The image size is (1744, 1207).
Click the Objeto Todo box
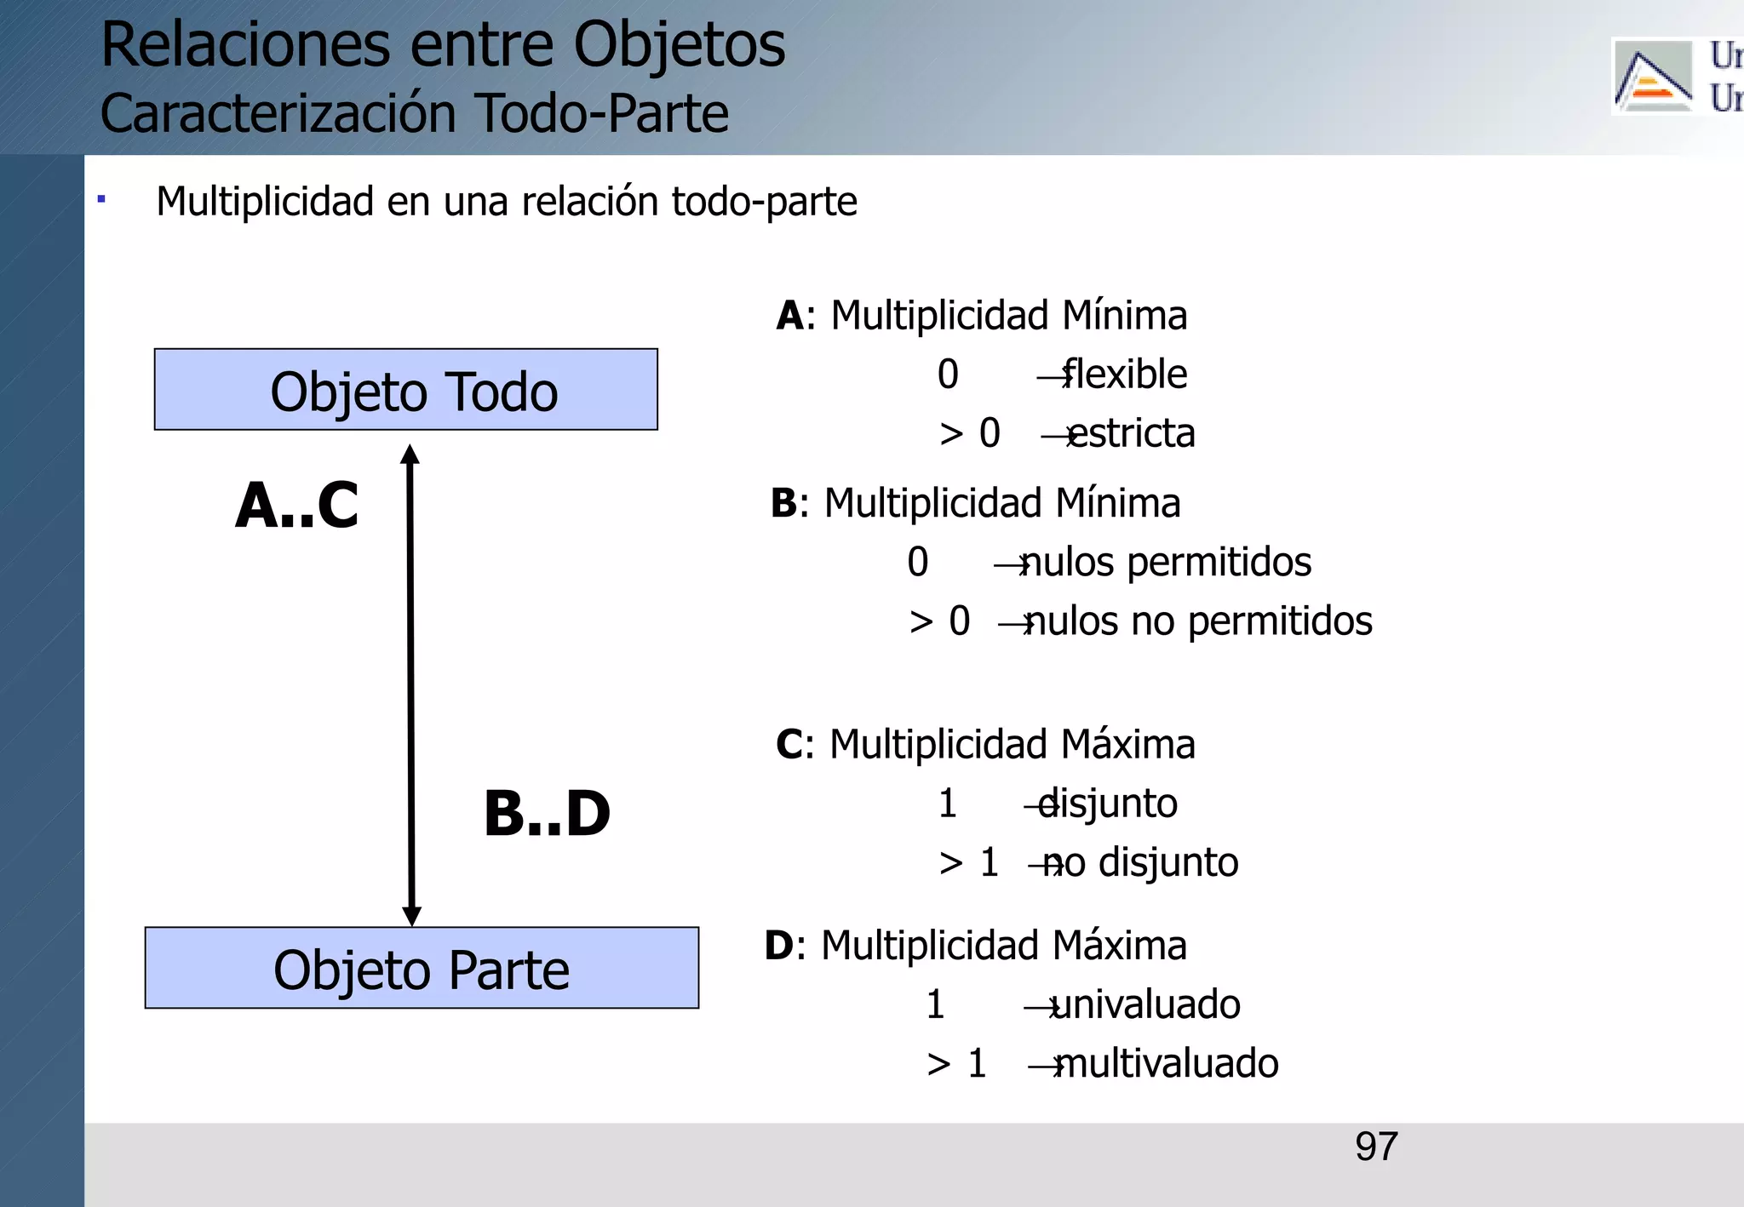click(x=405, y=390)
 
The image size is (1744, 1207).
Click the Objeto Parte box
click(x=422, y=968)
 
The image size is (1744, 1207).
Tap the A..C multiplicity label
click(x=296, y=506)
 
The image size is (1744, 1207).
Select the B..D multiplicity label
click(x=547, y=814)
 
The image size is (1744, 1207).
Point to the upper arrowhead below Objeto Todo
click(x=410, y=455)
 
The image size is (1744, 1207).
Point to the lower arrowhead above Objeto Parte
click(x=412, y=916)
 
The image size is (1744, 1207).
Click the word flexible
click(x=1124, y=375)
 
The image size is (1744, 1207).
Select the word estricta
click(x=1131, y=433)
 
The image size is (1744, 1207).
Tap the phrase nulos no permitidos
click(x=1197, y=621)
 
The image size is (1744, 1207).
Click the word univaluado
click(x=1145, y=1004)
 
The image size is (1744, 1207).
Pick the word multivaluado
click(x=1166, y=1064)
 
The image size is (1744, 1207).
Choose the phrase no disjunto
click(x=1140, y=863)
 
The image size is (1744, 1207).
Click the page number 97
click(x=1376, y=1147)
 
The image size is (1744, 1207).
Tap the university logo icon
click(x=1652, y=77)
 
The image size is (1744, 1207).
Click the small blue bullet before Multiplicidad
click(x=101, y=200)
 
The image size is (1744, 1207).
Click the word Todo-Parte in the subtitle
click(x=601, y=114)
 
